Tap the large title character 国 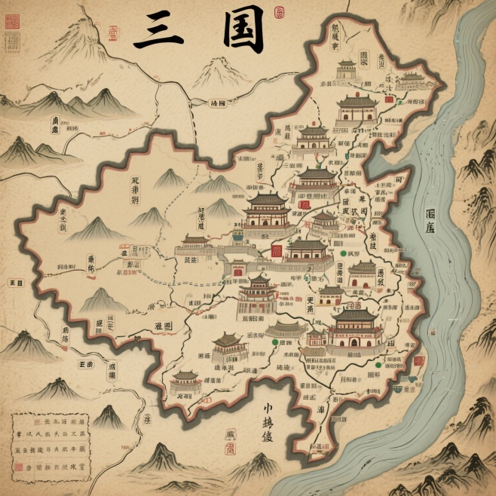tap(243, 30)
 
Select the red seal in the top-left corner tap(12, 21)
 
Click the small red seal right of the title tap(280, 12)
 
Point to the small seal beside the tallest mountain tap(113, 32)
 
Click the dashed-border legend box tap(51, 443)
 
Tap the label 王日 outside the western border tap(14, 283)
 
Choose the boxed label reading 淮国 tap(163, 326)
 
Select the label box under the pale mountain tap(218, 103)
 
